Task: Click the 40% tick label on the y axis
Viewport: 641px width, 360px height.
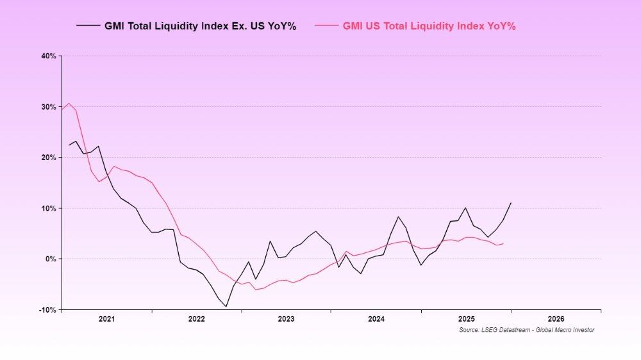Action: click(x=49, y=56)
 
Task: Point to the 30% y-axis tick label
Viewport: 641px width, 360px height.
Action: click(x=49, y=107)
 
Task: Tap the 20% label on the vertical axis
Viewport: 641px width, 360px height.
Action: click(x=49, y=158)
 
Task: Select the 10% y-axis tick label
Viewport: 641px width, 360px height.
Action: click(x=49, y=209)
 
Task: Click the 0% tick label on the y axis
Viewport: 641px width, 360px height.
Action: click(x=51, y=259)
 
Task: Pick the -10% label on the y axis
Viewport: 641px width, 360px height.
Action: click(x=48, y=310)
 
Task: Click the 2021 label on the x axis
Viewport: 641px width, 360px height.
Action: click(x=106, y=318)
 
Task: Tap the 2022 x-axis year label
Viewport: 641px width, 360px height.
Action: click(x=196, y=318)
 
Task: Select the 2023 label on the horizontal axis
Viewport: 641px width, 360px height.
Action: click(x=286, y=318)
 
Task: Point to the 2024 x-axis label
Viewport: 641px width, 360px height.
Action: click(x=376, y=318)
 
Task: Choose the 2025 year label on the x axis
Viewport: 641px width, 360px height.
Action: click(x=466, y=318)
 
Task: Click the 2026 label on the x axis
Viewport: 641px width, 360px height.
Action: click(x=556, y=318)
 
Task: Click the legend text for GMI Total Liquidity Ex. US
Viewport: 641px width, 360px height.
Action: click(x=200, y=26)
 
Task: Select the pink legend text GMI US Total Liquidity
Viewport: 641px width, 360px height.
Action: click(x=429, y=26)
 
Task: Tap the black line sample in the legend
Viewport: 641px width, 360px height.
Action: click(x=88, y=26)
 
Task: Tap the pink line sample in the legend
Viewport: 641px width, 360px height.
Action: click(x=326, y=26)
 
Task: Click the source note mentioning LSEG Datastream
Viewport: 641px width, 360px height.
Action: click(x=526, y=330)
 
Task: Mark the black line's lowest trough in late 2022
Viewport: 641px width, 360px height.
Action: click(x=226, y=306)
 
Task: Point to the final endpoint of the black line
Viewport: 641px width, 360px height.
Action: click(x=511, y=202)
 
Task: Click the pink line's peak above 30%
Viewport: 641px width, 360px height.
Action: click(x=69, y=103)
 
